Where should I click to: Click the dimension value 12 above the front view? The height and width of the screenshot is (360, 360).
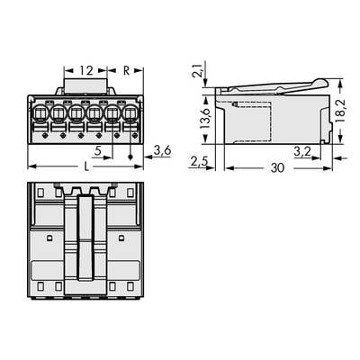(x=85, y=70)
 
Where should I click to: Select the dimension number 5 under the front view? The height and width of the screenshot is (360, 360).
(x=97, y=150)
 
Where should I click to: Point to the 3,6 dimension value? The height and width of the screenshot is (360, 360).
(x=163, y=149)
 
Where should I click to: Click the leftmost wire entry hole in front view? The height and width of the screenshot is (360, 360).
(x=40, y=115)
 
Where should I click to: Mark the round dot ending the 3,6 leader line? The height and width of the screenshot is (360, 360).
(x=132, y=158)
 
